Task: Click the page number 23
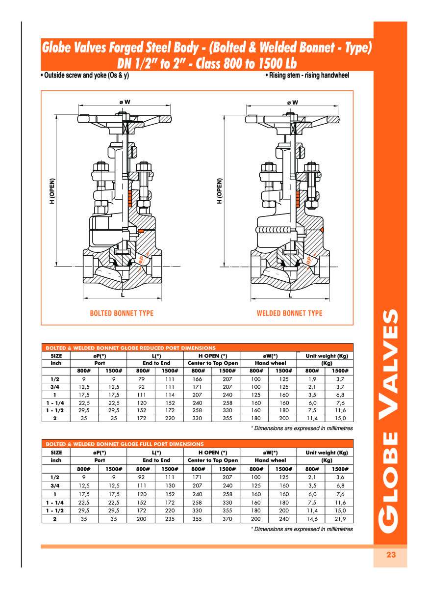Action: pyautogui.click(x=390, y=555)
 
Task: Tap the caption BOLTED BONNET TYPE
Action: pyautogui.click(x=122, y=313)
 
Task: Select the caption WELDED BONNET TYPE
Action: pyautogui.click(x=289, y=313)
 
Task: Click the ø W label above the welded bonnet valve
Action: pyautogui.click(x=292, y=102)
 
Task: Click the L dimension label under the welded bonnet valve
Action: pyautogui.click(x=290, y=295)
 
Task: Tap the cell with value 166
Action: pyautogui.click(x=198, y=379)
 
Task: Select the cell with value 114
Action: pyautogui.click(x=169, y=395)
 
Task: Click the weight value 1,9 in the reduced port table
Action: pyautogui.click(x=311, y=379)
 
